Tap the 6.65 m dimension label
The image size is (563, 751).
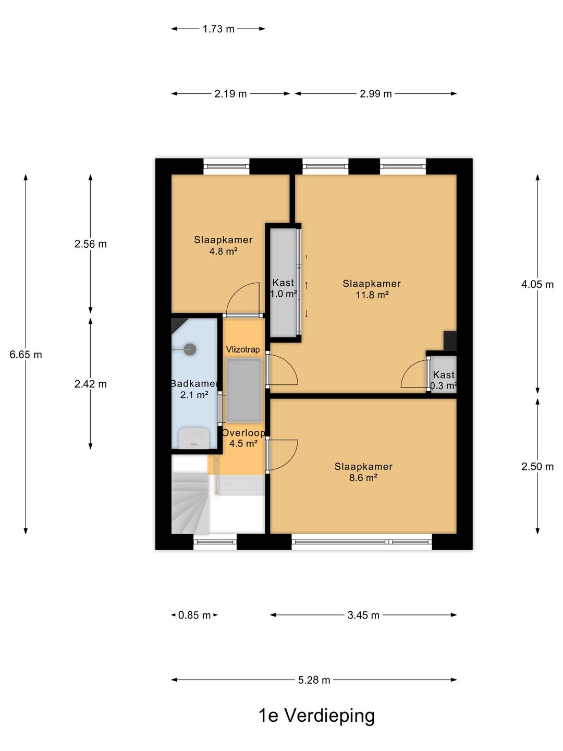click(26, 355)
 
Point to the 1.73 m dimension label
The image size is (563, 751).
click(218, 29)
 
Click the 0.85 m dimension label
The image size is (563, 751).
click(194, 615)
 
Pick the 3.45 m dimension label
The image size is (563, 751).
click(363, 615)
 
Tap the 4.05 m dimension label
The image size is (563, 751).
click(537, 285)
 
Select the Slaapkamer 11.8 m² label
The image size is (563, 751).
click(372, 289)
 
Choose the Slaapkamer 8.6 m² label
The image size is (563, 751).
click(363, 472)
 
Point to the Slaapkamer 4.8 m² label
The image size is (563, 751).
click(223, 246)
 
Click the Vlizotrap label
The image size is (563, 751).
click(243, 349)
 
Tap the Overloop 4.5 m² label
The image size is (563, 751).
click(243, 438)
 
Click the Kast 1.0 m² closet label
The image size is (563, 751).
click(284, 288)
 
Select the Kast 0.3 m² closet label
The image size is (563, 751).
click(444, 380)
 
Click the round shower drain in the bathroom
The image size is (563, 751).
click(190, 349)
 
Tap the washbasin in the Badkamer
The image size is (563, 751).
click(194, 438)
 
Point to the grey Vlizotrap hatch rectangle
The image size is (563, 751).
click(244, 391)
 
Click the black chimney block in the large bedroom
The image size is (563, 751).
click(450, 341)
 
